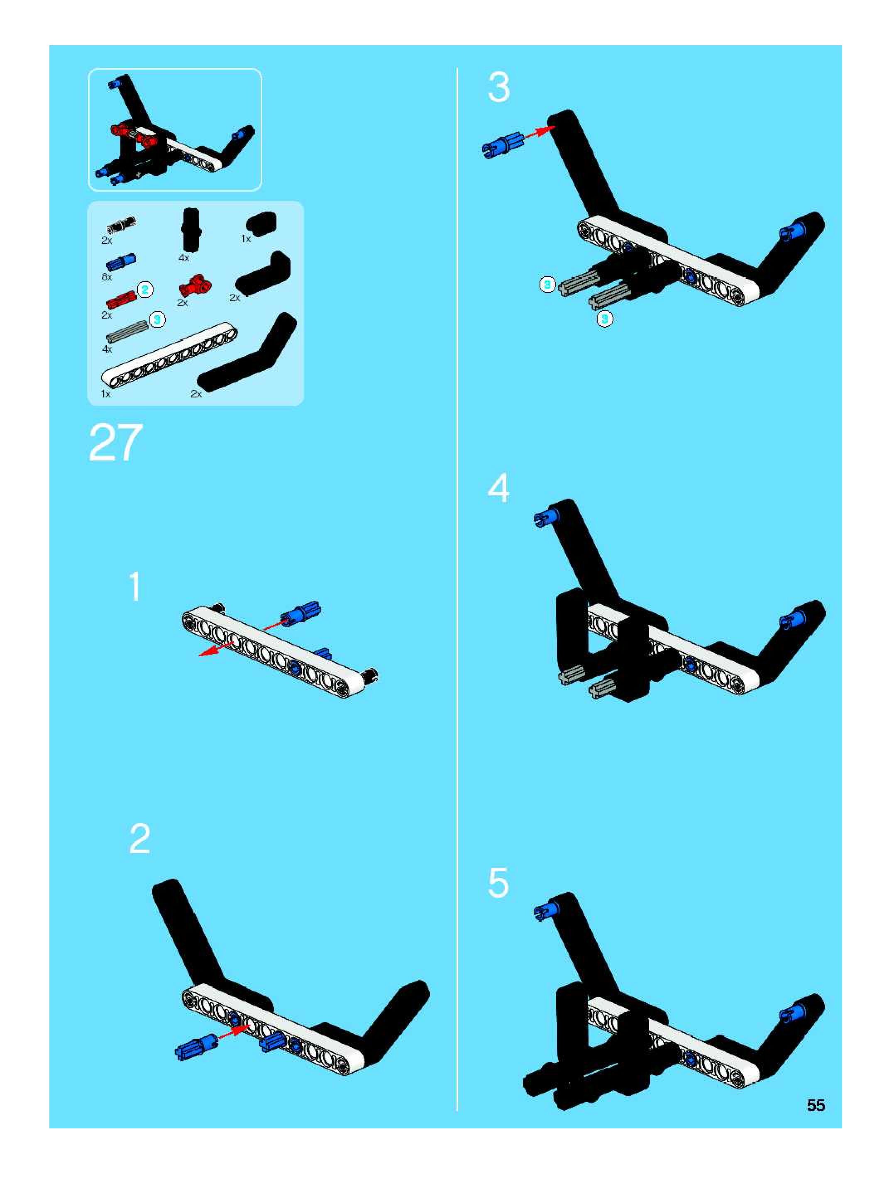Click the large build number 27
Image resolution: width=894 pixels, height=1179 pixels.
[116, 443]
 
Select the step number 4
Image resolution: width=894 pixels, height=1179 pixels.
[498, 488]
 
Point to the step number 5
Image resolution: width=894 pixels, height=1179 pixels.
[498, 883]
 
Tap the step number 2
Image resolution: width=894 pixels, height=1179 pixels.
[140, 838]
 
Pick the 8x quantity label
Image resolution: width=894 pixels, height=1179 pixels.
[107, 277]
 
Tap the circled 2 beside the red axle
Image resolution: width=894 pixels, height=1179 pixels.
[145, 290]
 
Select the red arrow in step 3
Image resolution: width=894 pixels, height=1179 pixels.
[540, 133]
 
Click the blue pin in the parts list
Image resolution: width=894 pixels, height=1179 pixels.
[122, 262]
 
